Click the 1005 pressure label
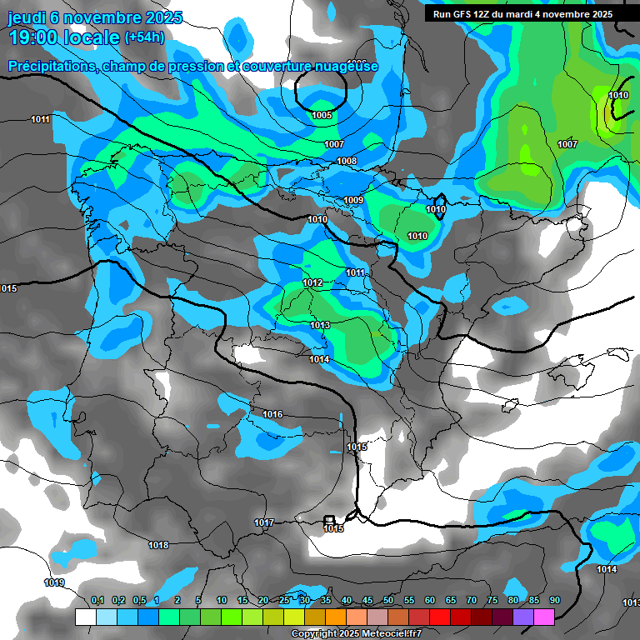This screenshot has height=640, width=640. click(x=322, y=115)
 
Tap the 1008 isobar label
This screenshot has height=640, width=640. click(x=347, y=161)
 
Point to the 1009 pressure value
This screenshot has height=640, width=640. click(x=353, y=200)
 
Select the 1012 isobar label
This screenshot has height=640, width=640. click(x=312, y=283)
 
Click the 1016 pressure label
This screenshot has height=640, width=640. click(x=272, y=414)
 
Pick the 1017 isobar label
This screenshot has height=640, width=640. click(x=264, y=522)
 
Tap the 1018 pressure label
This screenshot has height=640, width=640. click(x=158, y=545)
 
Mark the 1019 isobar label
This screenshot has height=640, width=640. click(x=54, y=582)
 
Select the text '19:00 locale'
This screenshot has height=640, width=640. click(x=63, y=37)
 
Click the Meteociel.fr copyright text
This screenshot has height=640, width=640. click(x=357, y=634)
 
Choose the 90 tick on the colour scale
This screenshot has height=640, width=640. click(x=554, y=600)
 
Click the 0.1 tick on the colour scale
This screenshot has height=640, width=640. click(x=97, y=600)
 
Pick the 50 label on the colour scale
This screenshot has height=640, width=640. click(x=387, y=600)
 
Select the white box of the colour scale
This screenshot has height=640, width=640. click(x=85, y=617)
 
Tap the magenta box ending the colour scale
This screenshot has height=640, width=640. click(x=543, y=617)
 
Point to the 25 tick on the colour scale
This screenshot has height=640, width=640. click(x=284, y=600)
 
